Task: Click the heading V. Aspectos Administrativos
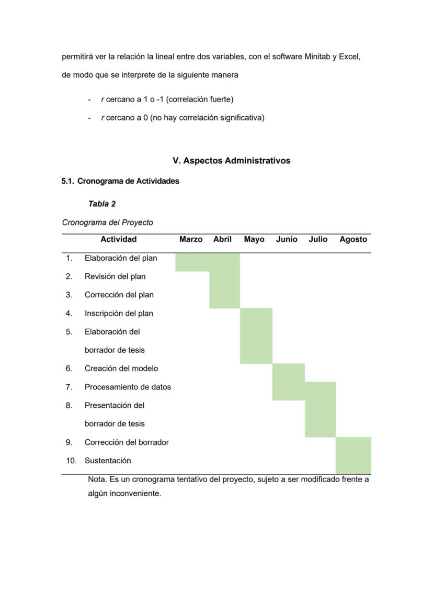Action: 231,161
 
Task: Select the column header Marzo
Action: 191,239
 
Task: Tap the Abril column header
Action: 222,239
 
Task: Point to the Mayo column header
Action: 254,239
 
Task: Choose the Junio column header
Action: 287,239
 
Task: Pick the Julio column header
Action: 318,239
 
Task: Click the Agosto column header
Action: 353,239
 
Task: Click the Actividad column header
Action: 119,239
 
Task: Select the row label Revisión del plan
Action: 115,276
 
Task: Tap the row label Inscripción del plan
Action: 119,314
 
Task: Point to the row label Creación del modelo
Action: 121,369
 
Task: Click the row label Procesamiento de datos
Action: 128,387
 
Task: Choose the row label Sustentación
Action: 108,461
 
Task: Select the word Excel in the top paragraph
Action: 349,57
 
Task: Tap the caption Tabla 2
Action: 102,204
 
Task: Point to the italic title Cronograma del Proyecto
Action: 108,222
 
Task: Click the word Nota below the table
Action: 96,479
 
